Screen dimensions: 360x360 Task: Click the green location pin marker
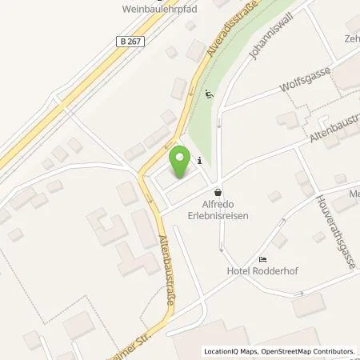coord(181,162)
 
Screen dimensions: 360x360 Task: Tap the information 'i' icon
coord(198,158)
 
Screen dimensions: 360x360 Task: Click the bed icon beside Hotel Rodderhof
coord(262,259)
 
